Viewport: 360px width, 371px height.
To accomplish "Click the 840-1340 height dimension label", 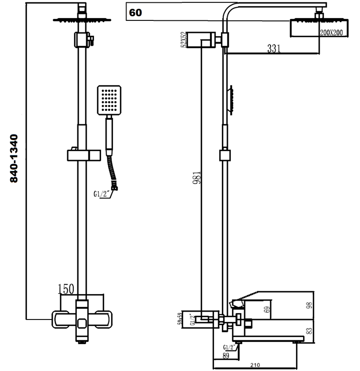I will (x=14, y=158).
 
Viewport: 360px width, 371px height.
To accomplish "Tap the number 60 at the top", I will (x=136, y=13).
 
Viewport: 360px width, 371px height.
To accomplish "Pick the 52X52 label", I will (x=184, y=39).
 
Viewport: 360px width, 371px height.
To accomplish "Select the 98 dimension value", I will (x=310, y=305).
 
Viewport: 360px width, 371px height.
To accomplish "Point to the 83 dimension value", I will (x=310, y=331).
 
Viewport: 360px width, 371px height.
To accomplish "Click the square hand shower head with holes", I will (x=109, y=100).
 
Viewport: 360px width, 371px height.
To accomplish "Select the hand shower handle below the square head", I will (x=109, y=134).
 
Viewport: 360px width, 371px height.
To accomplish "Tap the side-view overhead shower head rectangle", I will (x=304, y=29).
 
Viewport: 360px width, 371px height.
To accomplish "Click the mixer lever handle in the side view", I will (x=250, y=297).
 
